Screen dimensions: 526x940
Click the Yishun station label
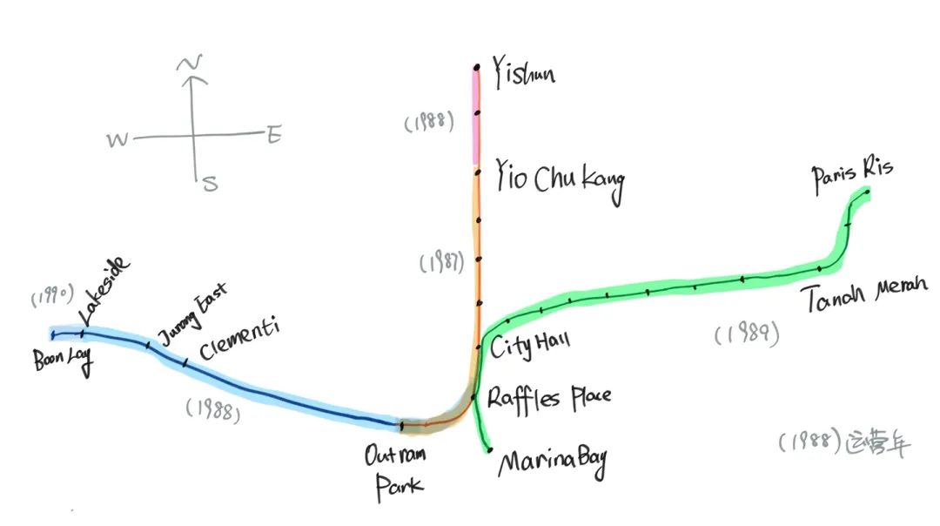pyautogui.click(x=524, y=73)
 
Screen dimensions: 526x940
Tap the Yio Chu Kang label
pyautogui.click(x=560, y=181)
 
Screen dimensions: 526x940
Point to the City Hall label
pyautogui.click(x=530, y=347)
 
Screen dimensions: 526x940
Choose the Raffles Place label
pyautogui.click(x=549, y=398)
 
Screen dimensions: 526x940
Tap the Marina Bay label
pyautogui.click(x=553, y=461)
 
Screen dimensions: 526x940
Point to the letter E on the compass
pyautogui.click(x=274, y=136)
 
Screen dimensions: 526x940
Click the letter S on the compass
pyautogui.click(x=209, y=183)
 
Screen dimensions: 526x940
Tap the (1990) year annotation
pyautogui.click(x=54, y=295)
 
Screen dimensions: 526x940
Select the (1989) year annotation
pyautogui.click(x=746, y=334)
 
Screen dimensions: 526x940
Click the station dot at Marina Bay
pyautogui.click(x=490, y=450)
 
